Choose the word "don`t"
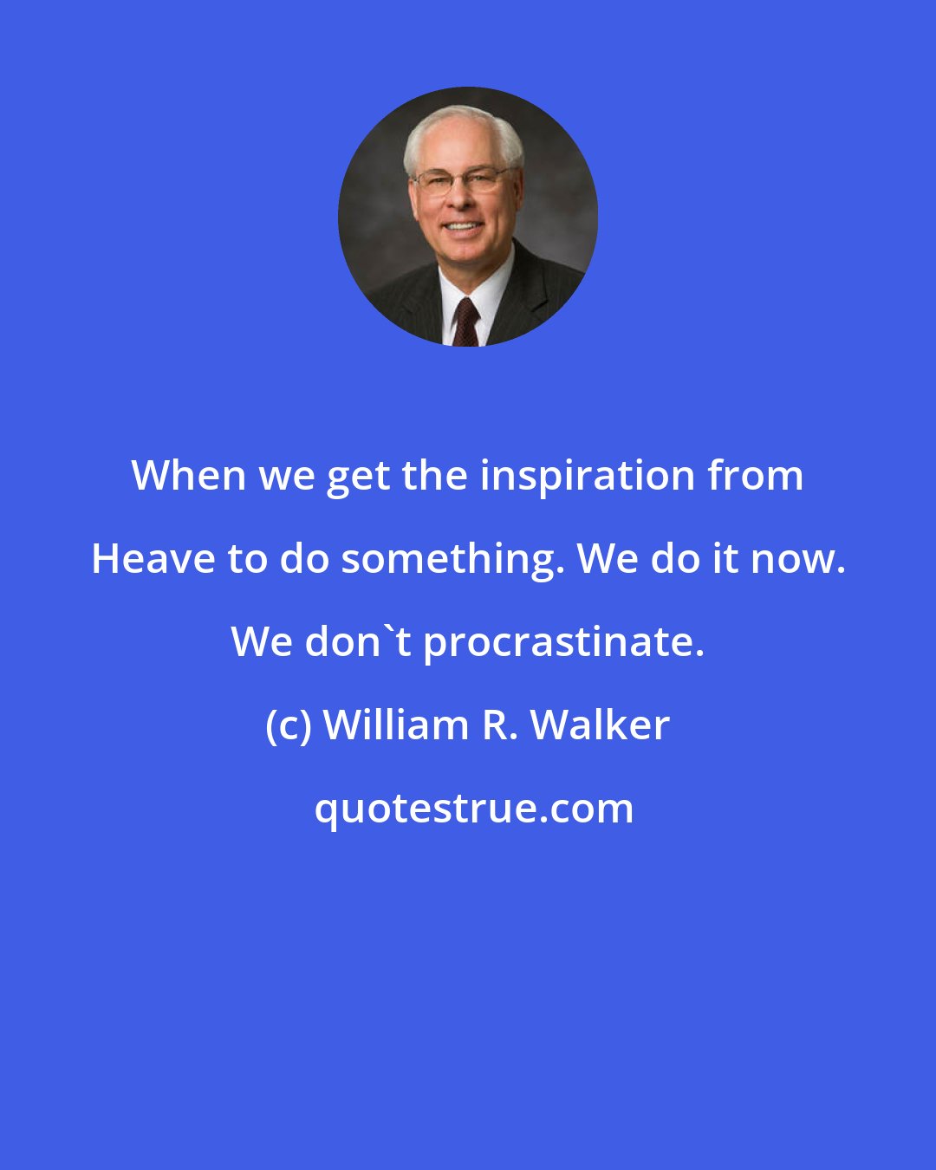click(x=357, y=642)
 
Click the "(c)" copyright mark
click(x=288, y=725)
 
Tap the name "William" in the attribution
click(x=395, y=725)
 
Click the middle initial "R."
click(x=501, y=725)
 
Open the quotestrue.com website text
click(x=473, y=809)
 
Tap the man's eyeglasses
click(x=460, y=180)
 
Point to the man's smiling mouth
click(x=462, y=229)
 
